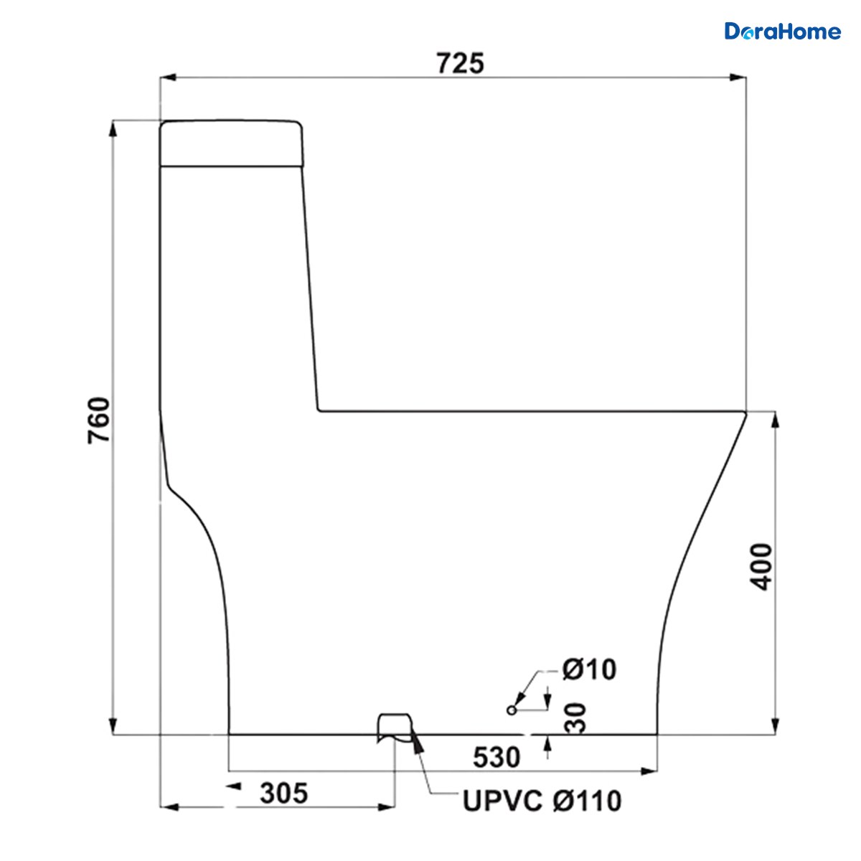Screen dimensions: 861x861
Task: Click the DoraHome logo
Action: tap(782, 32)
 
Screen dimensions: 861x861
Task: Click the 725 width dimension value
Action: tap(460, 63)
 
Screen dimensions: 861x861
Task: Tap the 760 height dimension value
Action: tap(99, 420)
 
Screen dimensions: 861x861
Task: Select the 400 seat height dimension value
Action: tap(761, 567)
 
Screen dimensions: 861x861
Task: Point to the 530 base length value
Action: tap(497, 758)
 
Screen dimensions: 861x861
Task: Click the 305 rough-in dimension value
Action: tap(284, 793)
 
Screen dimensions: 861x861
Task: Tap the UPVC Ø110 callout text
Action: tap(542, 801)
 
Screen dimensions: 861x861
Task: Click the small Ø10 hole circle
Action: tap(512, 710)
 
